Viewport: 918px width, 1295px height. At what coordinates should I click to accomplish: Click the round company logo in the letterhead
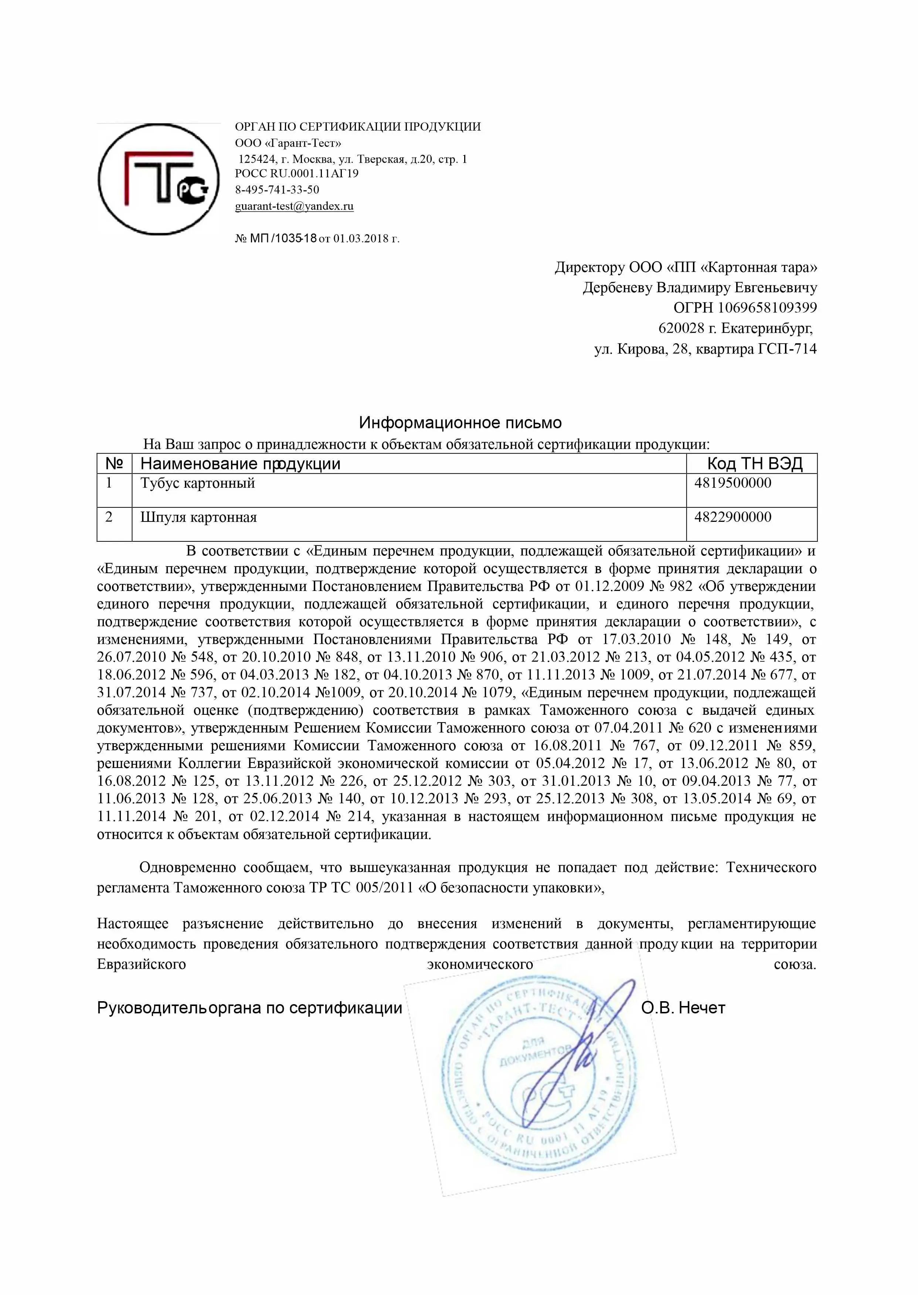tap(158, 179)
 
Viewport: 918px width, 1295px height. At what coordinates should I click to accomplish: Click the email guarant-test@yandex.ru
tap(294, 206)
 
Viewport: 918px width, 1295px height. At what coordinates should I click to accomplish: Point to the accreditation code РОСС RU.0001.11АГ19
tap(297, 174)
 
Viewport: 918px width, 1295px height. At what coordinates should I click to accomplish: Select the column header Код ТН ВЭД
tap(755, 464)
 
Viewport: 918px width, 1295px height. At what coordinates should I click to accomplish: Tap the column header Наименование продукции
tap(240, 464)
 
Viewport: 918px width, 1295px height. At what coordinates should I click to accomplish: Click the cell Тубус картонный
tap(198, 483)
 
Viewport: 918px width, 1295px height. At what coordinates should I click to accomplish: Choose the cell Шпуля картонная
tap(198, 517)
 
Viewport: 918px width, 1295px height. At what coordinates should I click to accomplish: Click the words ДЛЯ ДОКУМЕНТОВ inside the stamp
tap(534, 1050)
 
